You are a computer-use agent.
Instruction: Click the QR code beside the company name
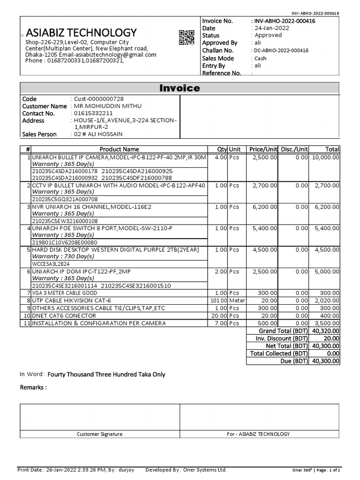(186, 37)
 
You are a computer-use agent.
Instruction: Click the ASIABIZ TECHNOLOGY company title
(81, 32)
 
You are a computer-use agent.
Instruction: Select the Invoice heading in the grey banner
(180, 88)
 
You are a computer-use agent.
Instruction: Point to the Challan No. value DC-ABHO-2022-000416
(280, 51)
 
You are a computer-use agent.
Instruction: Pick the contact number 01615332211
(93, 113)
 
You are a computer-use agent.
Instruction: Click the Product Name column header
(119, 149)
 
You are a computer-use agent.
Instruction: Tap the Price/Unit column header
(263, 149)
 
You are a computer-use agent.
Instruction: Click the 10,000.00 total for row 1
(326, 157)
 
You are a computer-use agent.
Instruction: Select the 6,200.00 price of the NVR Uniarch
(265, 206)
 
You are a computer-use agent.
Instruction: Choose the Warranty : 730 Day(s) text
(63, 256)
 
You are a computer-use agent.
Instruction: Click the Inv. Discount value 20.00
(331, 338)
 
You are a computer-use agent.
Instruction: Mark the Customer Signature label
(99, 434)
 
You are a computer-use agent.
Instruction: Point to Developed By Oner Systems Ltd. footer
(186, 470)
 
